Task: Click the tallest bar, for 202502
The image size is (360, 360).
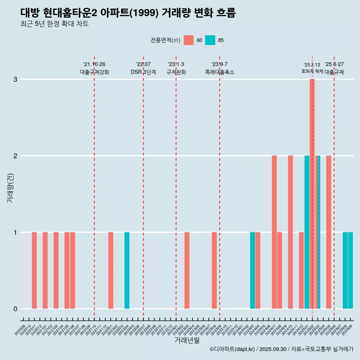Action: (312, 194)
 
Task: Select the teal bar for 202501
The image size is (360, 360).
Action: (307, 232)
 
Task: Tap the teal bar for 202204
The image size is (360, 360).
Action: (127, 270)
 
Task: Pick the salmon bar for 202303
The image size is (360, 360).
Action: (187, 270)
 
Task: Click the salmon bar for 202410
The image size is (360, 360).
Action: (290, 232)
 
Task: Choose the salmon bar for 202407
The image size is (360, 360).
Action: (274, 232)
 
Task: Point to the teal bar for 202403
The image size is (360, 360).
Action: (252, 270)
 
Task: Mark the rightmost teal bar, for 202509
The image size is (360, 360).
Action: (350, 270)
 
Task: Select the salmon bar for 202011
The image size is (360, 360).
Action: (34, 270)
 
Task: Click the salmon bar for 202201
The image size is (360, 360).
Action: (111, 270)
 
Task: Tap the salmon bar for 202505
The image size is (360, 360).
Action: (328, 232)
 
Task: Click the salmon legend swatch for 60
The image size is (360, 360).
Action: (189, 40)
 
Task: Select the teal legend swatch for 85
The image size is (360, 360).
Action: (210, 40)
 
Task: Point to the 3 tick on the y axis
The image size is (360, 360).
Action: (15, 79)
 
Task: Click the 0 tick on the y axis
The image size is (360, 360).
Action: (15, 309)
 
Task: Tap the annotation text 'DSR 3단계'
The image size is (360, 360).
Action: (143, 72)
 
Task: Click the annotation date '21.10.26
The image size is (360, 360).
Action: (94, 64)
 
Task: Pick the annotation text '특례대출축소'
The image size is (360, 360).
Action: (219, 72)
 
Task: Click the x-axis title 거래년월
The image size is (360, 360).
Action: (187, 340)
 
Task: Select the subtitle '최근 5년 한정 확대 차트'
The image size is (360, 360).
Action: (55, 24)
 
